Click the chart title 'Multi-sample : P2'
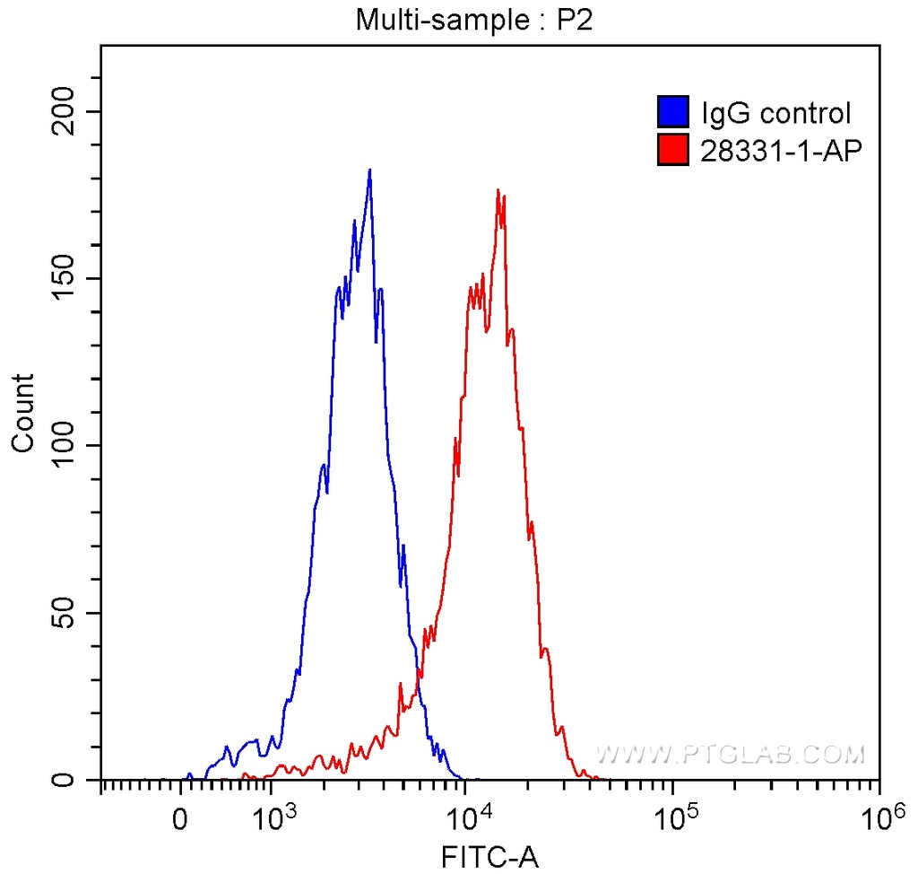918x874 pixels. tap(475, 20)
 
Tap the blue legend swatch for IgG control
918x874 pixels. tap(673, 112)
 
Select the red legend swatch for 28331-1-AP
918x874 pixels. tap(673, 150)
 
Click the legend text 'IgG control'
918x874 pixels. tap(775, 113)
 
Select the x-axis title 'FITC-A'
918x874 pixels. tap(490, 857)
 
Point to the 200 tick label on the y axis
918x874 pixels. tap(64, 111)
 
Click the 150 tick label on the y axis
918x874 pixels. tap(64, 278)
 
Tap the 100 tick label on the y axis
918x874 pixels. tap(64, 446)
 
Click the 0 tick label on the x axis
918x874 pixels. tap(181, 819)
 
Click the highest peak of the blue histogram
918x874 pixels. tap(368, 170)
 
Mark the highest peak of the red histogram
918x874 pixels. tap(498, 190)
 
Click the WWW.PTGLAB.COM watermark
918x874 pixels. tap(731, 754)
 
